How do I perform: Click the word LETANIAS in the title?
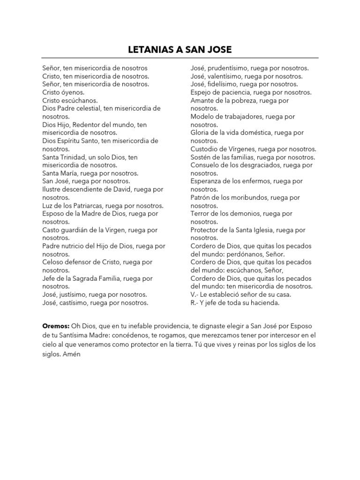tap(147, 50)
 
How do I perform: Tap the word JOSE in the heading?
tap(218, 50)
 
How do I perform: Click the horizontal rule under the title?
tap(180, 58)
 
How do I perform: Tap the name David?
tap(131, 189)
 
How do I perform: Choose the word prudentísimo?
tap(225, 68)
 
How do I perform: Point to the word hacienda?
tap(264, 303)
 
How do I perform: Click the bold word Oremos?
tap(55, 325)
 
